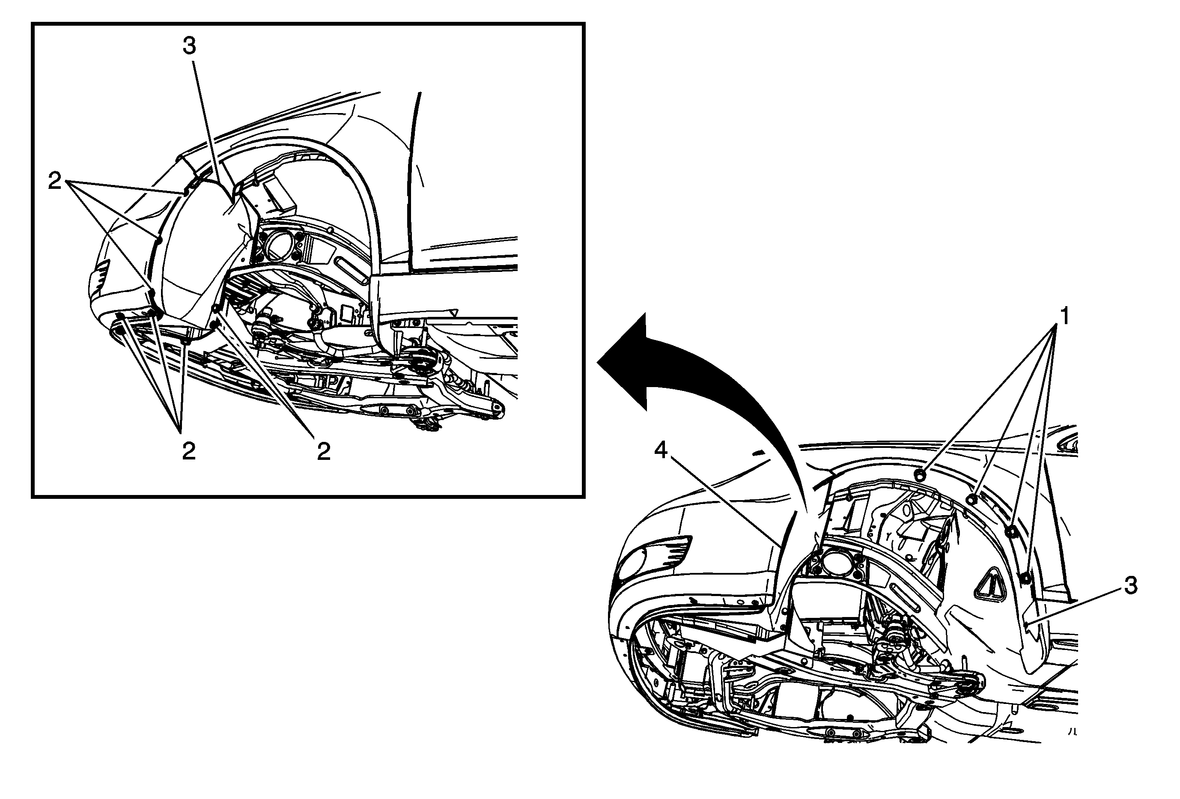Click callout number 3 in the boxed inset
189,46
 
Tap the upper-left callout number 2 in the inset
55,181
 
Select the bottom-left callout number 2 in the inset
189,451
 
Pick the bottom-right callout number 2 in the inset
324,451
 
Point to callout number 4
661,450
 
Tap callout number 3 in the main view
1130,586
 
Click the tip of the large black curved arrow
597,362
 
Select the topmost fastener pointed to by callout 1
920,474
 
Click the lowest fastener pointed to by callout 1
1025,578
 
